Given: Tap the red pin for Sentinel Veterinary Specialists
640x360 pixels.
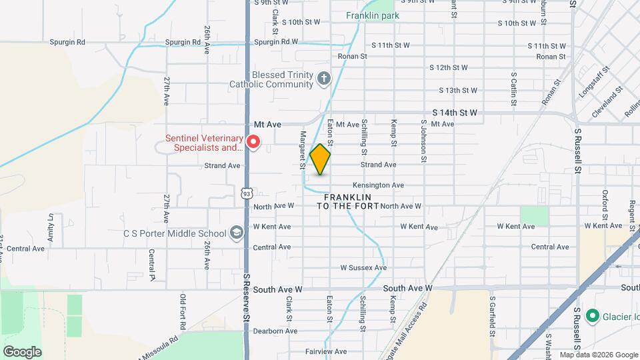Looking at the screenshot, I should coord(253,142).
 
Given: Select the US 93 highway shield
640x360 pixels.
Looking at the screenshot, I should coord(247,193).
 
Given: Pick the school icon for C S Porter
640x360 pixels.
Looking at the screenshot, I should coord(236,233).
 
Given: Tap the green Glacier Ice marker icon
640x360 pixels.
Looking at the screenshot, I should coord(591,315).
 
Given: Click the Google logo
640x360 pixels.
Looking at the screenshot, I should coord(22,351).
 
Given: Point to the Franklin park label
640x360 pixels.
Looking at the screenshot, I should coord(372,15).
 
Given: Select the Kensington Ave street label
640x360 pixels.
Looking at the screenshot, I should coord(378,185).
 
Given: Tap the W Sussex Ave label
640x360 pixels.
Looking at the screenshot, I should coord(363,268).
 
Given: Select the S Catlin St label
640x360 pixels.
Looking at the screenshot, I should coord(514,89).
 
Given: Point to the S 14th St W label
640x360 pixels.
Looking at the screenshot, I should coord(455,113).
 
